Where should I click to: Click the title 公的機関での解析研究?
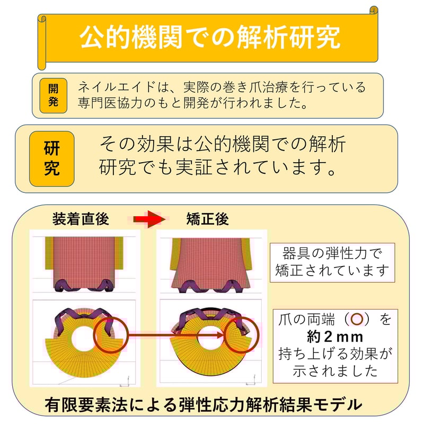209,37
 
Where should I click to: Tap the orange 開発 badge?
54,95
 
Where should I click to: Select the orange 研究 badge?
51,158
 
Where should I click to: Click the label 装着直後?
81,219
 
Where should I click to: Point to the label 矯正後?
207,219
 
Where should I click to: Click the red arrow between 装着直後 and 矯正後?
149,219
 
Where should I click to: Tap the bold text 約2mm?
335,337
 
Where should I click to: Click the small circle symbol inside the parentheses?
357,319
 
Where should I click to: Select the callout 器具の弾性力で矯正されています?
332,262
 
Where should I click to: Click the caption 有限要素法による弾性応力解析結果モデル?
204,404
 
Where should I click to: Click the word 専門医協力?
110,103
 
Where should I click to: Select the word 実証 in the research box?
193,167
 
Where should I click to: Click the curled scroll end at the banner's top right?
374,11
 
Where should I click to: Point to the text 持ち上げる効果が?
335,354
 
